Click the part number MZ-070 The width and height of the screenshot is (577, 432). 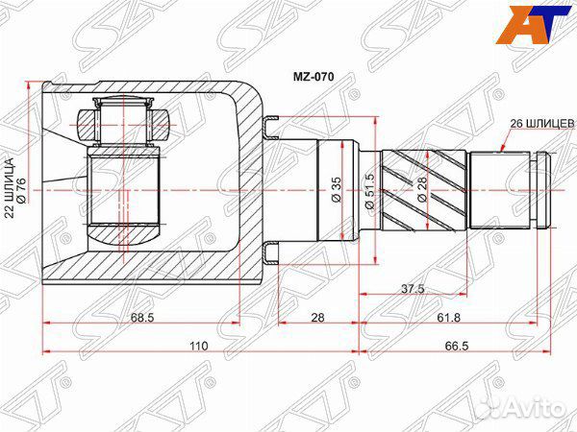point(314,77)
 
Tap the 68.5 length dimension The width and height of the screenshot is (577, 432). point(142,317)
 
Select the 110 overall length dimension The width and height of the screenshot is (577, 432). point(199,346)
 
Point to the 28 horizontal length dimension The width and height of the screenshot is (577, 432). point(317,317)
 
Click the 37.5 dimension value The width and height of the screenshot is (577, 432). point(413,288)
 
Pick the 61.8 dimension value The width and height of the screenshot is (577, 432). point(448,317)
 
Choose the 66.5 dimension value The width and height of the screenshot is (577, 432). point(457,346)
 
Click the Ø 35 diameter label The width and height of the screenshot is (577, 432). point(337,189)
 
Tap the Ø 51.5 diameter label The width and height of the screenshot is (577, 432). point(369,191)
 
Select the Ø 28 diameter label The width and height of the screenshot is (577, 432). point(422,189)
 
